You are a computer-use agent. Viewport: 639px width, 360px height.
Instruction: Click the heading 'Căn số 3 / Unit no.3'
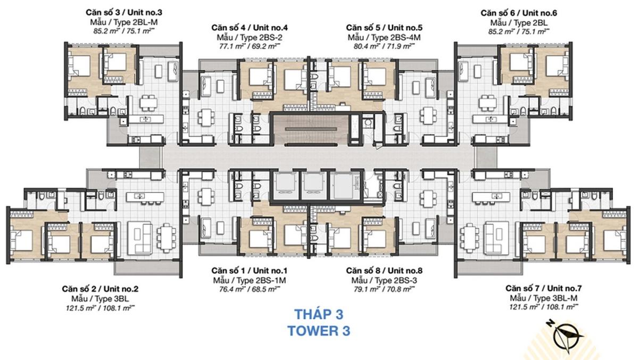tap(124, 13)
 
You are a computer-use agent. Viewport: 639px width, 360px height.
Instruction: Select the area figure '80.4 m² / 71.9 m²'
tap(384, 46)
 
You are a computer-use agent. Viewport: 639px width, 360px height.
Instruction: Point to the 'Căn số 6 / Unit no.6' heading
tap(519, 13)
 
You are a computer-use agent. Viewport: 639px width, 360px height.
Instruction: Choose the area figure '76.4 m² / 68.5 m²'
tap(250, 289)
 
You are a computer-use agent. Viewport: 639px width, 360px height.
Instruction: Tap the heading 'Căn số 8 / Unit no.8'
tap(384, 271)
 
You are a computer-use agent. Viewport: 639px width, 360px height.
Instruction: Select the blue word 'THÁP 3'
tap(319, 314)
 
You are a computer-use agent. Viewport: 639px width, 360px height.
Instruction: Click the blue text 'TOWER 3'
tap(319, 331)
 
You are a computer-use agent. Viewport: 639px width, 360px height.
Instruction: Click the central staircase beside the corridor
tap(311, 129)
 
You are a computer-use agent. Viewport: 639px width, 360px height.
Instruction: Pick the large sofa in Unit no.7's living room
tap(496, 238)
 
